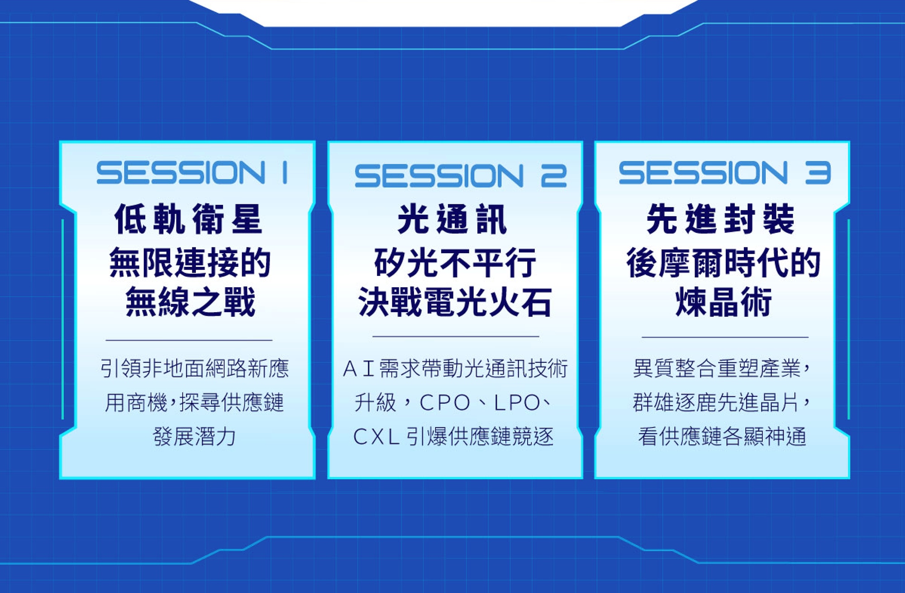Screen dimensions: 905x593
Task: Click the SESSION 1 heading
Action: tap(192, 172)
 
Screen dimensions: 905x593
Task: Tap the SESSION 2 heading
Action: tap(461, 176)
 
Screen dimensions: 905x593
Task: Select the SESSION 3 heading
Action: tap(725, 173)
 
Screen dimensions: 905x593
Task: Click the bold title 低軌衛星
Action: tap(188, 219)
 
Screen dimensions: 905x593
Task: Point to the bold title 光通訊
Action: tap(452, 219)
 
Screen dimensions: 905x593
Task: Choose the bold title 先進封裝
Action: tap(721, 219)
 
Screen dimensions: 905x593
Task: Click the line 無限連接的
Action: tap(190, 262)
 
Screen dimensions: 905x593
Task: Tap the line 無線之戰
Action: tap(191, 302)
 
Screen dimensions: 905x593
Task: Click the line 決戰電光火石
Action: tap(455, 302)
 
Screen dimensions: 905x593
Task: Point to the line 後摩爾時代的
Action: tap(724, 262)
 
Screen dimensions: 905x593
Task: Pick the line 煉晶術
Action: tap(724, 302)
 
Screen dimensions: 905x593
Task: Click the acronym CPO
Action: tap(445, 403)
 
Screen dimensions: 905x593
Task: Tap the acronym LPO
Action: tap(517, 403)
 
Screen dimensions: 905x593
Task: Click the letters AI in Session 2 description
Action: tap(358, 368)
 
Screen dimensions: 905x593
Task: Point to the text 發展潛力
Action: tap(195, 437)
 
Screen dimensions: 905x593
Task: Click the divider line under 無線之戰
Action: tap(189, 340)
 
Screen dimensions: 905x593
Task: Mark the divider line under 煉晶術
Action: tap(725, 337)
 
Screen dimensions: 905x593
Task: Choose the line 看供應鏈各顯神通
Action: tap(722, 437)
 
